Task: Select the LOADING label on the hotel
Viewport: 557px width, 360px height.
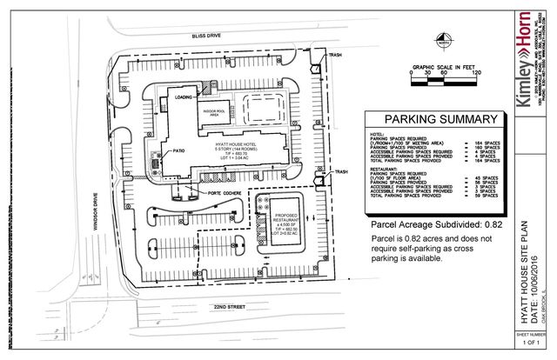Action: (184, 97)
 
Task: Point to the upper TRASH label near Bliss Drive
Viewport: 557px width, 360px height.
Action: (335, 56)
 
